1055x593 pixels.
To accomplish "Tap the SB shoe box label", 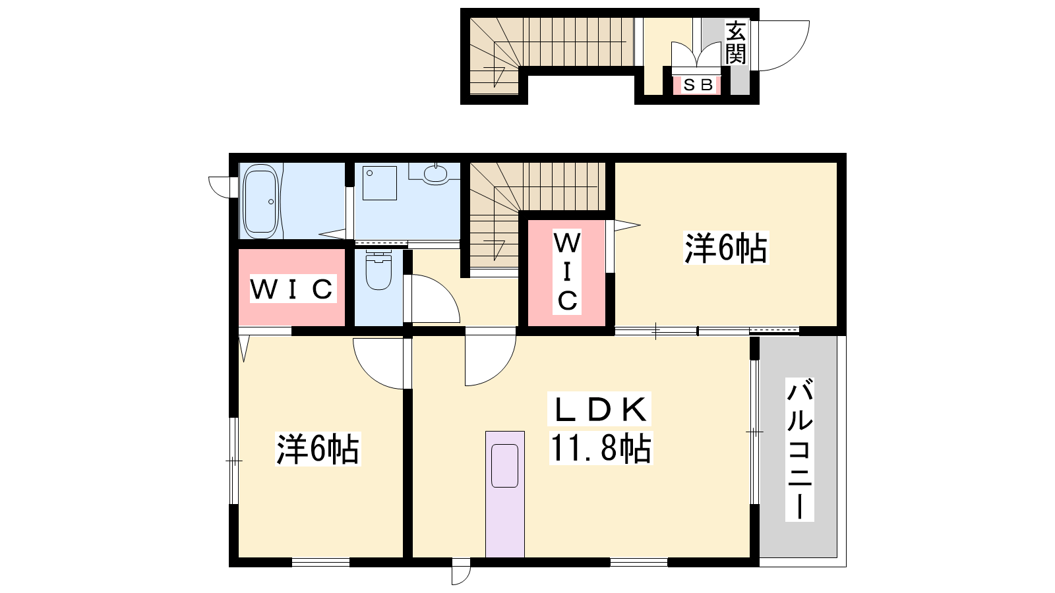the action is (698, 85).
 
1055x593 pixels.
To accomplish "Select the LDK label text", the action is (599, 409).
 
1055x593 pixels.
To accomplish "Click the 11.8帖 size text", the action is (601, 449).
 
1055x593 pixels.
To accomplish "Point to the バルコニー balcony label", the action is (800, 449).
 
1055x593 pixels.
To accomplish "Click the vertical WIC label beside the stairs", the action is (567, 271).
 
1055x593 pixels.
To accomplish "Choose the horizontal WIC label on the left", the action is (293, 289).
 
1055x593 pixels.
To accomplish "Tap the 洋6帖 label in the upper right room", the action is (726, 248).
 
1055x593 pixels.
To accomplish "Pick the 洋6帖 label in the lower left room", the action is (318, 449).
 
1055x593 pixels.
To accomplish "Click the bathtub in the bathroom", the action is (260, 202).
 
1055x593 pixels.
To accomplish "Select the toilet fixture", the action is (378, 269).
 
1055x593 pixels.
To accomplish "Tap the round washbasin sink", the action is (436, 175).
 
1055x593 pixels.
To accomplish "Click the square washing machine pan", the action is (380, 183).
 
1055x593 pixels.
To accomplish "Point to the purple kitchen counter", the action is (505, 494).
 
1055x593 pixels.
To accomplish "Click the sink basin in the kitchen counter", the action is (505, 465).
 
